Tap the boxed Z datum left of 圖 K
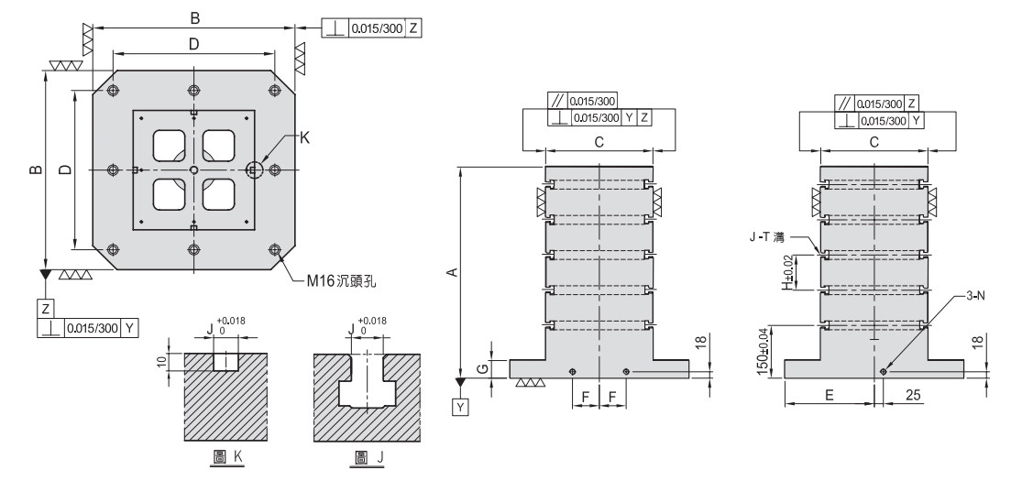point(45,307)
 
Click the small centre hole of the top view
point(193,170)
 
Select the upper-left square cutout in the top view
point(170,145)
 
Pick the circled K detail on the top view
point(255,170)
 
